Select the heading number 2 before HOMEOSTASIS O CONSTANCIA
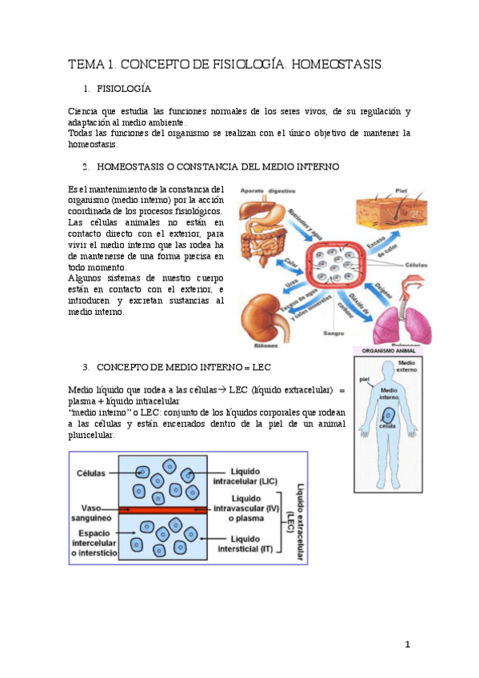click(85, 167)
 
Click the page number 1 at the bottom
click(407, 644)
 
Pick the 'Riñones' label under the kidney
click(267, 346)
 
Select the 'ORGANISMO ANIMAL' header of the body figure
click(387, 350)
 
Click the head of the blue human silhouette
click(386, 369)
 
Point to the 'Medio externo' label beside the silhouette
click(407, 366)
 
